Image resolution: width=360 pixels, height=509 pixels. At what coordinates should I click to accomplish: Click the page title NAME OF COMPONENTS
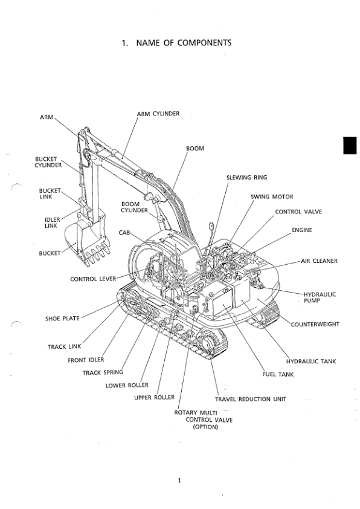point(176,43)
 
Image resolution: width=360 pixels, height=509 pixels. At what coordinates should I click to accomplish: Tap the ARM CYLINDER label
point(158,113)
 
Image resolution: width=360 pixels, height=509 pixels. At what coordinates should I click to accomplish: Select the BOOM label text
point(194,148)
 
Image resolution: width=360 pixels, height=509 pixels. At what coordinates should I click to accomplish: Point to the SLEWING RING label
point(246,178)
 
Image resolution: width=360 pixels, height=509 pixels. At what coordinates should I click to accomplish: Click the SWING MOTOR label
point(272,196)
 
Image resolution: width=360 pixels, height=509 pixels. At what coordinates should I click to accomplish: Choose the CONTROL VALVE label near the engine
point(298,212)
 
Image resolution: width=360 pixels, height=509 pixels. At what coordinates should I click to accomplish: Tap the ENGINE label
point(302,230)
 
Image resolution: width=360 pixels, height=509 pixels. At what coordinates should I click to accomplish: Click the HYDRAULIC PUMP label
point(320,297)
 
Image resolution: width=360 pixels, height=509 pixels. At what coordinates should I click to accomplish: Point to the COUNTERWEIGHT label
point(315,324)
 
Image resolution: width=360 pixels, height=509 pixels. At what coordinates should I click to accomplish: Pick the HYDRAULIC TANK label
point(311,361)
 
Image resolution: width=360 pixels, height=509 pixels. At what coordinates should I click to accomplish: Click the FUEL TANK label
point(278,374)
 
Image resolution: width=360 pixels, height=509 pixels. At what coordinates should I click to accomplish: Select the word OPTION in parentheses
point(205,427)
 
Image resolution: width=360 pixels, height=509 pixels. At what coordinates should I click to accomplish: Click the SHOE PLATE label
point(62,319)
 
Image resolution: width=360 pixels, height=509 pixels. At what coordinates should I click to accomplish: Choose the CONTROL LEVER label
point(93,279)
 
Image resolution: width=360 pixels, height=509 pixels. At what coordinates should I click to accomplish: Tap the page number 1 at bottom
point(180,481)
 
